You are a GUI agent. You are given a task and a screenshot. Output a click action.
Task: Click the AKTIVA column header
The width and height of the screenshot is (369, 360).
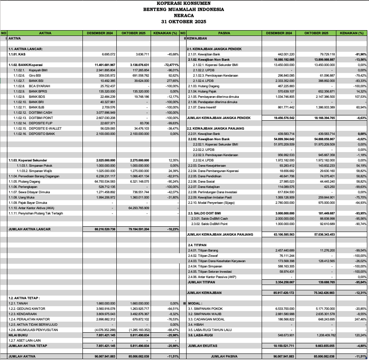(45, 33)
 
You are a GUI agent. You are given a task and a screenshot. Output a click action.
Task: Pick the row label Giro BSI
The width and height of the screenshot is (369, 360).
(34, 75)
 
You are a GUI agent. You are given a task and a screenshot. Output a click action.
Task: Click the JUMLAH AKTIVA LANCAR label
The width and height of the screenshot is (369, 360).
(30, 229)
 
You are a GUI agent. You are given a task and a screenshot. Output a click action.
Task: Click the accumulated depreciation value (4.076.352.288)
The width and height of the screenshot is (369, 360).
(104, 330)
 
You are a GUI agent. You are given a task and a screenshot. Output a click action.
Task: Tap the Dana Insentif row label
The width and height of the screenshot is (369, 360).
(200, 107)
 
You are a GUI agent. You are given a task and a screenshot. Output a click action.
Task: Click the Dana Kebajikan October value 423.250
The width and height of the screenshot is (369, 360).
(327, 186)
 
